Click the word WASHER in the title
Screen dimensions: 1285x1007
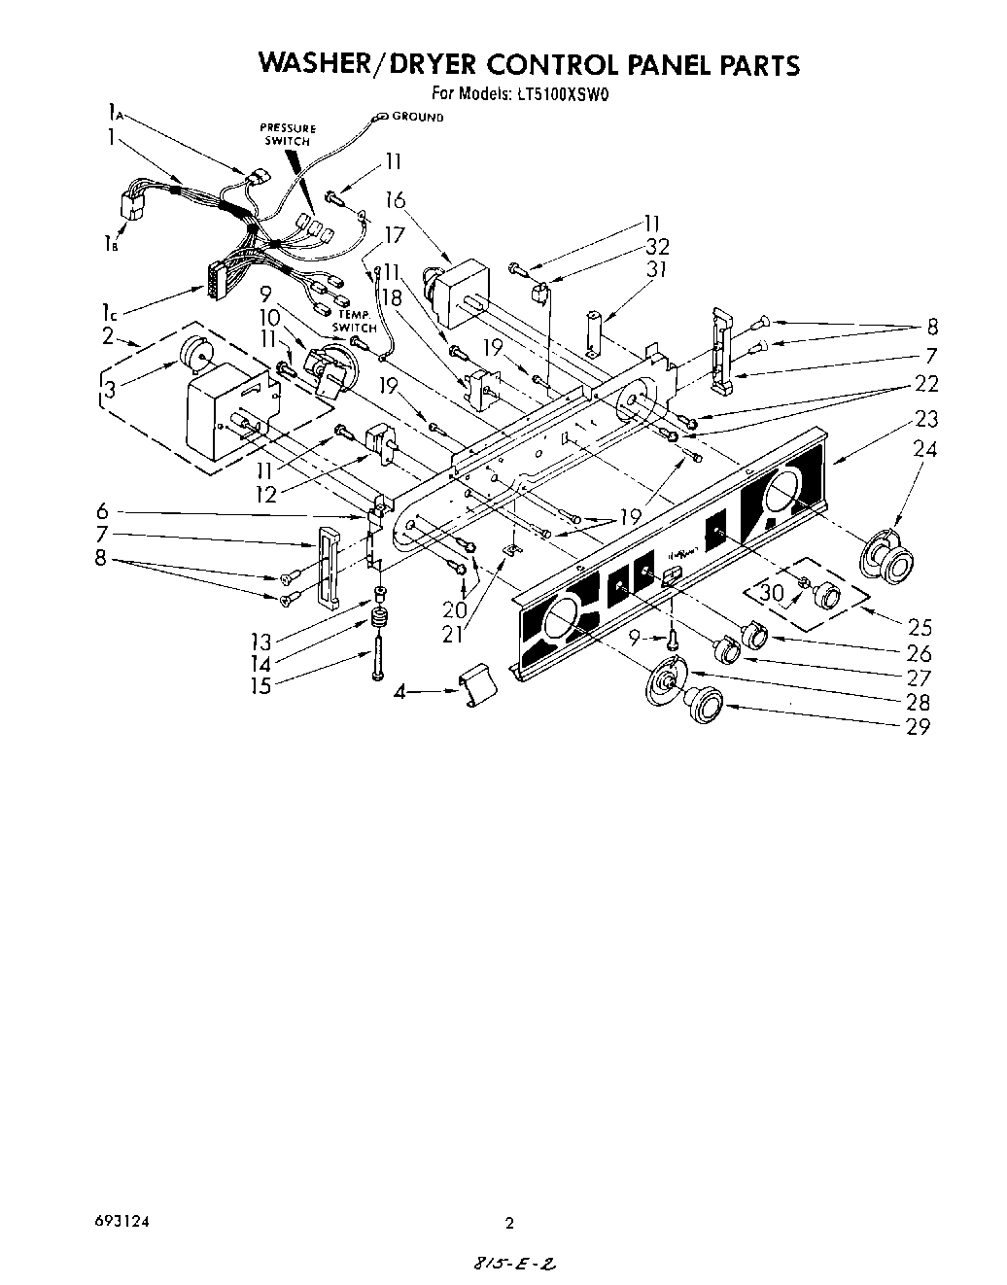click(322, 64)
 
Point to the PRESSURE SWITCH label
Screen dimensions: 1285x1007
click(288, 135)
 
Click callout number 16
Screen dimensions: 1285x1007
click(394, 200)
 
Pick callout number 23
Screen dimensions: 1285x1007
click(926, 420)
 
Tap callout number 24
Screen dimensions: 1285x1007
click(926, 449)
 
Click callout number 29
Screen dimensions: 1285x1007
click(918, 726)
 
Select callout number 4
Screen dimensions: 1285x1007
click(399, 693)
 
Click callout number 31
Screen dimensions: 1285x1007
click(657, 269)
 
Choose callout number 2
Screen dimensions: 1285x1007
click(108, 337)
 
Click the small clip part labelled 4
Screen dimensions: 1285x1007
click(476, 684)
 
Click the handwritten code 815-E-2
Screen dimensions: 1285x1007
click(516, 1267)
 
